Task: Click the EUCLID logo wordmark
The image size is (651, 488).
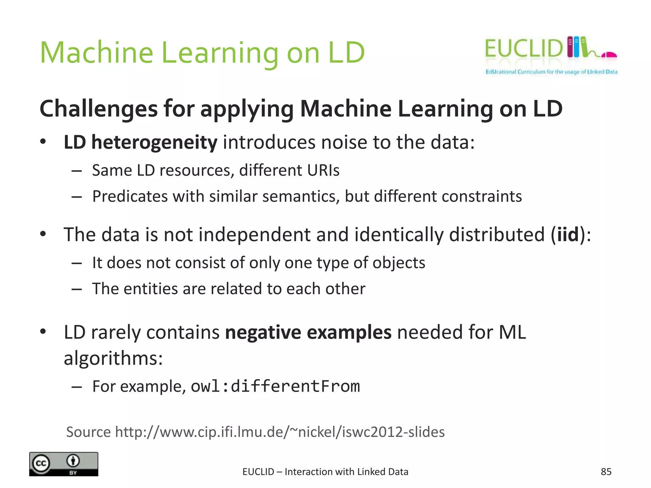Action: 523,49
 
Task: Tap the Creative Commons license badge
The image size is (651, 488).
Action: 64,464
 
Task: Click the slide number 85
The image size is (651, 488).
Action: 606,472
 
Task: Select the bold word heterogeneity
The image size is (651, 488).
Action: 154,142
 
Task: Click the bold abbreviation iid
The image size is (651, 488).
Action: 568,235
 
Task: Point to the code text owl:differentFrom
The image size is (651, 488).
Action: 275,386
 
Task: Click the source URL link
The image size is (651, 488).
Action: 280,432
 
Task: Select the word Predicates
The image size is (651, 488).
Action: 130,196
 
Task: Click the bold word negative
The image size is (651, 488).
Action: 263,333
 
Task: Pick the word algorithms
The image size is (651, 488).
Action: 113,358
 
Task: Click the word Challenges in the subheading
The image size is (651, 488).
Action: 99,109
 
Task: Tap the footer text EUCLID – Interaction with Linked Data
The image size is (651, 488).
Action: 325,472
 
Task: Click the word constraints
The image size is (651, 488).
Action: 482,196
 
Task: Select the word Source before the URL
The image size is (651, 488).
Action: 88,432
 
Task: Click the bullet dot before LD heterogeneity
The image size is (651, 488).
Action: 43,142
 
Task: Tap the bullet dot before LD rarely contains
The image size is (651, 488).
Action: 43,332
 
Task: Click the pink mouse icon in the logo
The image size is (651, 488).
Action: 608,55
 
